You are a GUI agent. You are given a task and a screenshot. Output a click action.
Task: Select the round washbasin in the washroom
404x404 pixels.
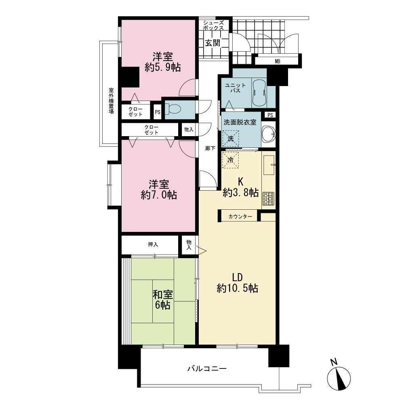pos(269,134)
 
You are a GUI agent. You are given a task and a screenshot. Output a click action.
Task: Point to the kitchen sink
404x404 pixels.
pos(269,165)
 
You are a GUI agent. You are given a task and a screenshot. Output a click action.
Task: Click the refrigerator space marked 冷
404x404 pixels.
pos(230,160)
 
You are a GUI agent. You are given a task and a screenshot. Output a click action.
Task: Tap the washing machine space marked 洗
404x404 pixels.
pos(231,139)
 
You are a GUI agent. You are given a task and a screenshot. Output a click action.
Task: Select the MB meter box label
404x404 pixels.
pos(278,61)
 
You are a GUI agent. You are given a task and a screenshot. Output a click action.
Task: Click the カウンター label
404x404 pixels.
pos(240,217)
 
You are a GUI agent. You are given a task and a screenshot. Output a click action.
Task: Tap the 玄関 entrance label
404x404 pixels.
pos(213,43)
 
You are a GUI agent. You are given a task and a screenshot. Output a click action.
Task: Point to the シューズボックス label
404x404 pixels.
pos(213,25)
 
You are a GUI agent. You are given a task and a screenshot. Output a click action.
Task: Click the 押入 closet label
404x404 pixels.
pos(153,244)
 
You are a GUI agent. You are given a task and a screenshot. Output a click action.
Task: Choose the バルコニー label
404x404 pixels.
pos(207,369)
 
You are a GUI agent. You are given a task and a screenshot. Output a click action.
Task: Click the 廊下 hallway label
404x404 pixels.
pos(210,148)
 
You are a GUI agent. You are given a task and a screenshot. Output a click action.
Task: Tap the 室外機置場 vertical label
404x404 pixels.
pos(111,101)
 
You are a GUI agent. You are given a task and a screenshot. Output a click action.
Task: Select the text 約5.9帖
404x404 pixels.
pos(162,67)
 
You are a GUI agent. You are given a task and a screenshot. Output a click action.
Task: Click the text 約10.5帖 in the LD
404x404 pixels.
pos(237,288)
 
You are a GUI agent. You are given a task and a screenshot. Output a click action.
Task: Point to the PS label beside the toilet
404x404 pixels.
pos(158,112)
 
